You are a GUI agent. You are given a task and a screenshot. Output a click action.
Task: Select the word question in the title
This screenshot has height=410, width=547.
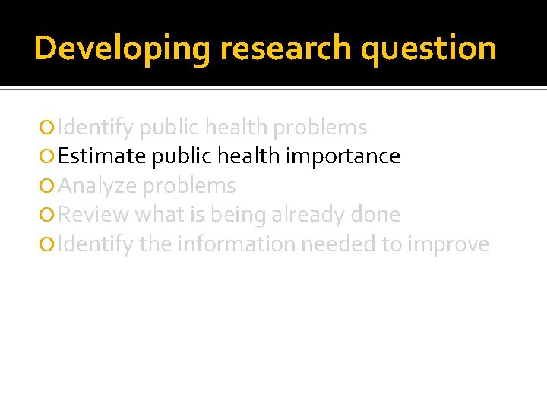tap(428, 49)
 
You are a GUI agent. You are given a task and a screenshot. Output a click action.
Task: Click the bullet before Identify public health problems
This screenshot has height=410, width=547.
tap(49, 128)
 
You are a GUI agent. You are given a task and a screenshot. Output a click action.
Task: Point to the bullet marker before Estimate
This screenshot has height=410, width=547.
tap(49, 157)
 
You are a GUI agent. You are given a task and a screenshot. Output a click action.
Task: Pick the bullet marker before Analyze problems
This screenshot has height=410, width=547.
tap(49, 186)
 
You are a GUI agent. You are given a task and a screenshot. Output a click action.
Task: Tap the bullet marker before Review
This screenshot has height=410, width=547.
tap(49, 216)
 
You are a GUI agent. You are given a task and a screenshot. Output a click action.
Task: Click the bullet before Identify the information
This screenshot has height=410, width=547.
tap(49, 245)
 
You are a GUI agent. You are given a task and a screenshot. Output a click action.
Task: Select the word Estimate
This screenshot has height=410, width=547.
tap(103, 156)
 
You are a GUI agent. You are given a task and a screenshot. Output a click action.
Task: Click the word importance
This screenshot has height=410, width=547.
tap(343, 156)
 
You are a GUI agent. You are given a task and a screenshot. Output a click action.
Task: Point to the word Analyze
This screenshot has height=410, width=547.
tap(96, 186)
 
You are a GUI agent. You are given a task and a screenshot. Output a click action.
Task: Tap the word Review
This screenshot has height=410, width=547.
tap(93, 215)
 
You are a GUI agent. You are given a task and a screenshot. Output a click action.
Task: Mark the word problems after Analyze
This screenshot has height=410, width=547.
tap(189, 186)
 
